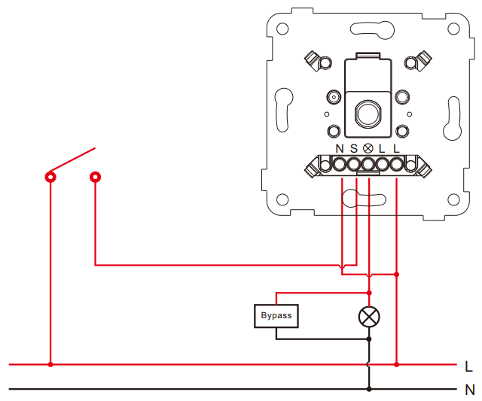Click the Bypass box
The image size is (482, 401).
[x=276, y=316]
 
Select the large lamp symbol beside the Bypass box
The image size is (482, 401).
[x=369, y=317]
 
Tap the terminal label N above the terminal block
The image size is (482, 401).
[x=340, y=149]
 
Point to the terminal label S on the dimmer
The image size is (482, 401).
[x=354, y=149]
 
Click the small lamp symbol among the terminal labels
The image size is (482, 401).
[x=368, y=149]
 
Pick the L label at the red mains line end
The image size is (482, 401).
[x=468, y=366]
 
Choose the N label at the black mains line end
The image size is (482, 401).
[x=470, y=390]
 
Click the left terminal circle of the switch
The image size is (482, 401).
[x=50, y=177]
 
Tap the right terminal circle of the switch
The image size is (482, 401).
[x=96, y=177]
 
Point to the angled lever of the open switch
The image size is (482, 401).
[x=72, y=159]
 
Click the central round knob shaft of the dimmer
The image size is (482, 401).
[x=368, y=114]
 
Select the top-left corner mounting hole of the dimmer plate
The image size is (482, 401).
[x=282, y=29]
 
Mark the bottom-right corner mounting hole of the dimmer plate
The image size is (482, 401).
[x=453, y=199]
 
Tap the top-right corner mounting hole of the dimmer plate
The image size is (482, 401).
[x=453, y=29]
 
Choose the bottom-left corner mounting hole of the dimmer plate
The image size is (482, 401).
[x=282, y=199]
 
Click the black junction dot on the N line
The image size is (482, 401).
[x=369, y=389]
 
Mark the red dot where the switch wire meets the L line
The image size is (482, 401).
[x=50, y=364]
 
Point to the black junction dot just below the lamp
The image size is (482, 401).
[x=369, y=339]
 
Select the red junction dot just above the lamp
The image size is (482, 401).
[x=369, y=293]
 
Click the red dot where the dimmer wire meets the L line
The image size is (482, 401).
[x=397, y=364]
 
